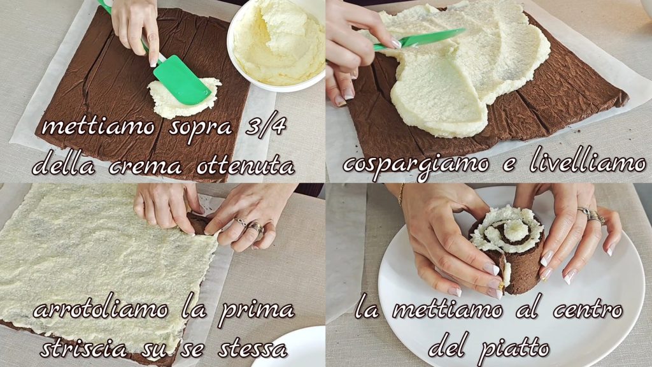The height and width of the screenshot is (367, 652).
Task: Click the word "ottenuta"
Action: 245,166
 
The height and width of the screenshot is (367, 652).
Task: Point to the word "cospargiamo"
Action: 416,164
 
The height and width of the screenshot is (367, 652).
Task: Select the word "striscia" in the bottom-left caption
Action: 83,349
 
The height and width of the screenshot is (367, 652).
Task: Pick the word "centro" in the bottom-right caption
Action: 588,310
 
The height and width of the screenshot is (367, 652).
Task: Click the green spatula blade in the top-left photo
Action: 181,80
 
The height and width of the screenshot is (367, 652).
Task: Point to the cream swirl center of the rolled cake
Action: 514,228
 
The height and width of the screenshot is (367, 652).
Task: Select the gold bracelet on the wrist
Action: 401,194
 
